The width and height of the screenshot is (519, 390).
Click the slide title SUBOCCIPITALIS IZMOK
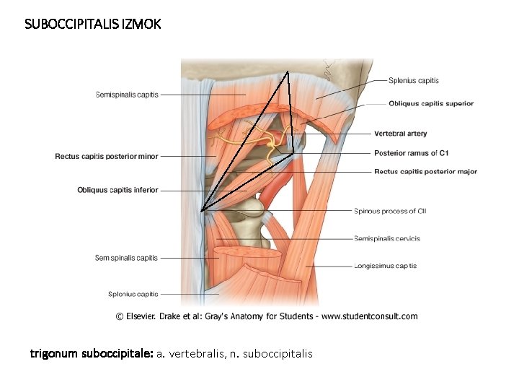[93, 24]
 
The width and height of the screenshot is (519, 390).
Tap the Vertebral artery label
[401, 134]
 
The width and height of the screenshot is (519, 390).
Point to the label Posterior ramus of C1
[412, 153]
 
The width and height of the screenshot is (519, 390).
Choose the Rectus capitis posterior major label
[425, 172]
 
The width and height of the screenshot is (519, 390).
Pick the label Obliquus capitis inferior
[117, 190]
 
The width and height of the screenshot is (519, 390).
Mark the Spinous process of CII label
[390, 211]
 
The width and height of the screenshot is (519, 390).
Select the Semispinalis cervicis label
[387, 238]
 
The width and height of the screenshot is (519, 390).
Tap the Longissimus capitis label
[386, 266]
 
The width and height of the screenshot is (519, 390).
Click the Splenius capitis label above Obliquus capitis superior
[414, 80]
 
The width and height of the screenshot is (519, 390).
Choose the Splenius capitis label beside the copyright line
[133, 294]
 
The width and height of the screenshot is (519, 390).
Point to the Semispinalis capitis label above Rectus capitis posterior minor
[127, 94]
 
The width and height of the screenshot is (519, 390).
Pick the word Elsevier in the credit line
[147, 316]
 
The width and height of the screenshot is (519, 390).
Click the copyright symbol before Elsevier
[120, 316]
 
